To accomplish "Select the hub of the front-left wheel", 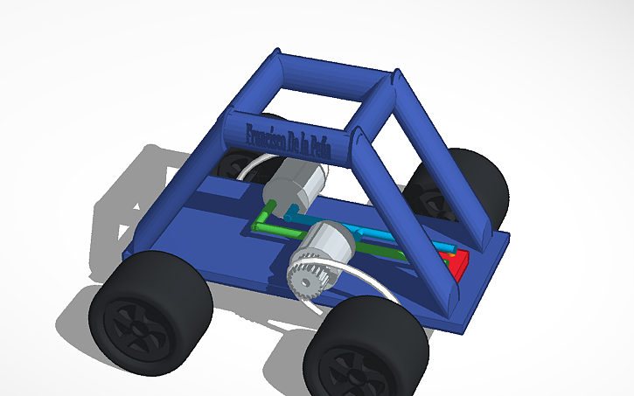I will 131,323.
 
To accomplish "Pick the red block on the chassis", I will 459,262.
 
